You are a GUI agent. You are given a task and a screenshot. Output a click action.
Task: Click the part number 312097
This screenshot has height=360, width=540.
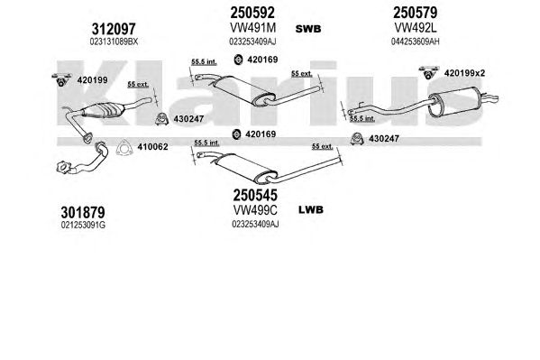[114, 29]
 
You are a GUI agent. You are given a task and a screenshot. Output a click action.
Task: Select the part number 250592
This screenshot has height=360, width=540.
[252, 13]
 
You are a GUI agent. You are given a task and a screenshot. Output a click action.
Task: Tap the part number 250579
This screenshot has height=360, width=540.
[415, 13]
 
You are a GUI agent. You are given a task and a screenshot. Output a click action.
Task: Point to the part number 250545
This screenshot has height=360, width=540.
[255, 195]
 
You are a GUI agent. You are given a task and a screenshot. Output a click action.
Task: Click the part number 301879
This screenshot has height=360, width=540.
[83, 212]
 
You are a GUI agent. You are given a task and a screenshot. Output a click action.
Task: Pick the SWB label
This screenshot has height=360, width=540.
[308, 29]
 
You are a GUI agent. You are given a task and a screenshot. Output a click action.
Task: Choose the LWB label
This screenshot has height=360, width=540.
[311, 209]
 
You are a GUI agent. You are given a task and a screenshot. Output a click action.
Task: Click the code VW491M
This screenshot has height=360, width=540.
[252, 28]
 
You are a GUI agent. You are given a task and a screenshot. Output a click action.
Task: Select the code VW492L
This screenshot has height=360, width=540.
[415, 28]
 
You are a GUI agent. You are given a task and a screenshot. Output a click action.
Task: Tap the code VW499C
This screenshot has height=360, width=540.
[255, 209]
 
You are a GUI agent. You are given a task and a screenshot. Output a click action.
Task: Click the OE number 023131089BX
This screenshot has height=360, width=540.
[114, 42]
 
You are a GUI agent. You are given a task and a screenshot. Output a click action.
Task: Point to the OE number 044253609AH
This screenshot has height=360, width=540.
[415, 42]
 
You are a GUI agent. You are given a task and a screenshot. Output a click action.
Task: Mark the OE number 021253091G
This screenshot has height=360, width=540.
[83, 226]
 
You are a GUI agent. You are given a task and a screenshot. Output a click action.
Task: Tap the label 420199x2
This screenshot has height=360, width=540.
[464, 73]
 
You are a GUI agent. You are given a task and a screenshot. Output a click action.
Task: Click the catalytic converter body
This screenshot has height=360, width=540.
[103, 110]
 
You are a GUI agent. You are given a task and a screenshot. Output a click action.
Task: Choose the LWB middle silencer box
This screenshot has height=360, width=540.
[245, 168]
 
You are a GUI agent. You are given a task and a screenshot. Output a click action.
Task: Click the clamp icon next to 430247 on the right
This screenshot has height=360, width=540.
[357, 139]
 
